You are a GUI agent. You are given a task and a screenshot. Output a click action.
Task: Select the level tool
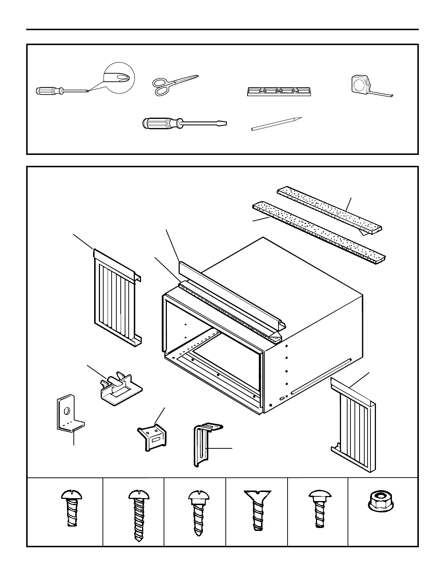pyautogui.click(x=279, y=91)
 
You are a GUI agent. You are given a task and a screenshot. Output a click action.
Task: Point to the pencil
pyautogui.click(x=276, y=124)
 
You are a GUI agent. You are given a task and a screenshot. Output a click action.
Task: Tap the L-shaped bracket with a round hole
pyautogui.click(x=68, y=415)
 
